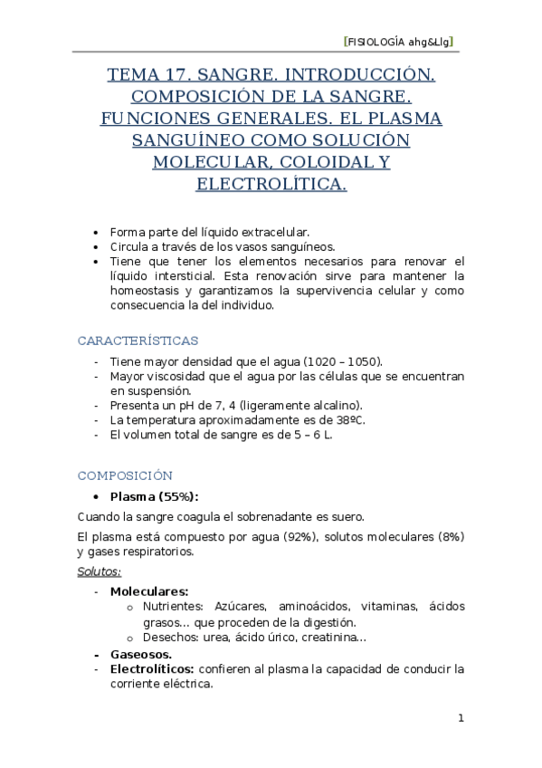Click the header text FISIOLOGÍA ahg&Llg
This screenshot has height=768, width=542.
click(399, 42)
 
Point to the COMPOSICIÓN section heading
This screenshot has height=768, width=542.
click(125, 475)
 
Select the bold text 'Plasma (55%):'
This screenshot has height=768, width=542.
click(154, 496)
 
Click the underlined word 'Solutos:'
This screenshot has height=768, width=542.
click(100, 571)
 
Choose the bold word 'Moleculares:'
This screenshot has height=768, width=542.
click(149, 590)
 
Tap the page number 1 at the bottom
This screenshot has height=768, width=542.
click(461, 718)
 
